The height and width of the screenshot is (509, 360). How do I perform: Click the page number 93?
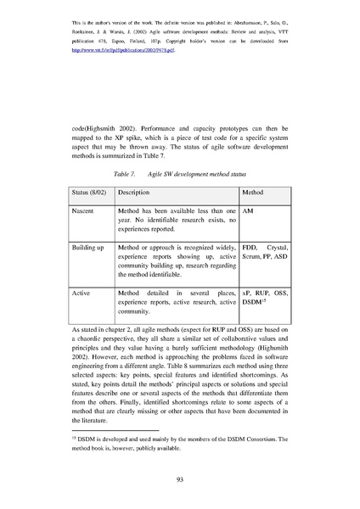[x=180, y=478]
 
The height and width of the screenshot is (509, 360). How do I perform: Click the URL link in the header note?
[x=128, y=50]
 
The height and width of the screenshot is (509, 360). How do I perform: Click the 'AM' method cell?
[x=250, y=209]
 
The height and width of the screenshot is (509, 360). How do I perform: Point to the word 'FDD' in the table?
[x=251, y=246]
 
